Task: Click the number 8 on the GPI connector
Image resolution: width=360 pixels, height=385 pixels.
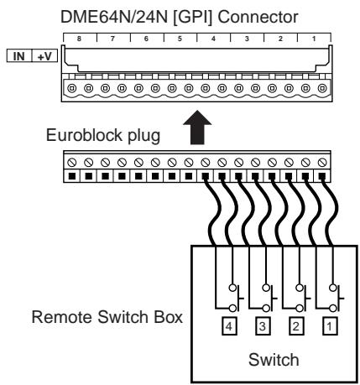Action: [x=79, y=39]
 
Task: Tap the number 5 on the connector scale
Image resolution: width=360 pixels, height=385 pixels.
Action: [x=180, y=39]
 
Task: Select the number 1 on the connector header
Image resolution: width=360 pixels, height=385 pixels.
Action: [x=314, y=39]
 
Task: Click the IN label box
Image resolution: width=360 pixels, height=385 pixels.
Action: [x=19, y=56]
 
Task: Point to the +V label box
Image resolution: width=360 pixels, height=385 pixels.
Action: [x=44, y=56]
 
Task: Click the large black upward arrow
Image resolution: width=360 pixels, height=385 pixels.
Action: [x=197, y=127]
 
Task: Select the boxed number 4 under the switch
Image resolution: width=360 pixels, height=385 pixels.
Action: [x=229, y=326]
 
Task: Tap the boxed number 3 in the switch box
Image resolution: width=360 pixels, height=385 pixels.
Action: [x=263, y=326]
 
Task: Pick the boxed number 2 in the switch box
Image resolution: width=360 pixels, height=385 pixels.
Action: [x=296, y=326]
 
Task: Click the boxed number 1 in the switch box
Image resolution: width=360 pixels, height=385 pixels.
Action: [x=330, y=326]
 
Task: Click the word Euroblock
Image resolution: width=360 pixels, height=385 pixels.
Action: [x=84, y=135]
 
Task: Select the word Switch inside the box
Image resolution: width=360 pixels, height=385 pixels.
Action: [x=274, y=360]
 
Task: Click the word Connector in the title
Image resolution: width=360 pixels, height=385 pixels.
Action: [x=258, y=17]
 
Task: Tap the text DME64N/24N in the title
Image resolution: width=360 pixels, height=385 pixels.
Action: [x=114, y=17]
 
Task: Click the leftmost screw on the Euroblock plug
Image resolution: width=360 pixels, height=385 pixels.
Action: [x=72, y=162]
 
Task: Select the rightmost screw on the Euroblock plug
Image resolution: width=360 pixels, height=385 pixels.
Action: [x=322, y=162]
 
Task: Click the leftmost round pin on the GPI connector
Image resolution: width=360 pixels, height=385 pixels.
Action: [x=72, y=89]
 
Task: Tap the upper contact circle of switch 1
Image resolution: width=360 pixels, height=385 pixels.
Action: [x=333, y=287]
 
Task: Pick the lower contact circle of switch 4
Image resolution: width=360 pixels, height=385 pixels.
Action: [x=232, y=309]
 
